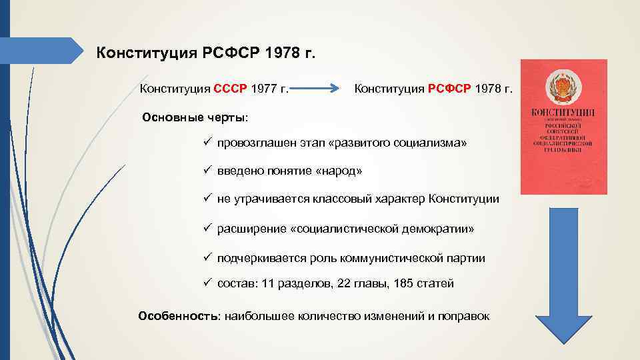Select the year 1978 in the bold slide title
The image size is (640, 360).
coord(279,53)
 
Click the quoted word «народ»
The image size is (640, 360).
coord(341,171)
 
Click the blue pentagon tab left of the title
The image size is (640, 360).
coord(44,51)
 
